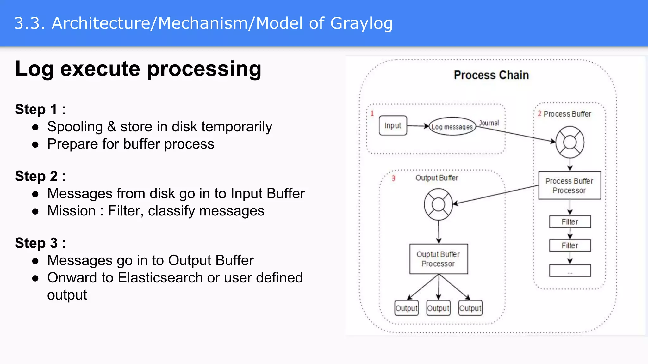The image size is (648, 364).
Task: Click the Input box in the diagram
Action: click(393, 126)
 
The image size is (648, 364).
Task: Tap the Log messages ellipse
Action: click(452, 127)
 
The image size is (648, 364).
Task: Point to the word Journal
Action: click(489, 123)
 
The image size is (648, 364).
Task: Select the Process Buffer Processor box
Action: click(569, 185)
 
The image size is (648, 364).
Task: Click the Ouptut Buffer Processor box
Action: click(438, 259)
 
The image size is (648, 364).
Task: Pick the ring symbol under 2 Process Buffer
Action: click(570, 142)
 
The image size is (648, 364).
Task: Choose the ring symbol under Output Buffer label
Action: click(438, 204)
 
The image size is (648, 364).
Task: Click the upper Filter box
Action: click(570, 222)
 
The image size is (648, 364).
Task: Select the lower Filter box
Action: click(570, 246)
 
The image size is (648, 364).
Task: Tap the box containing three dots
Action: click(570, 271)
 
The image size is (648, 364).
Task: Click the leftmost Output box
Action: click(406, 308)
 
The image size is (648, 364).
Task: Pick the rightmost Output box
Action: click(470, 308)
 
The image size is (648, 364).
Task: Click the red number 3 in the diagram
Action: click(393, 179)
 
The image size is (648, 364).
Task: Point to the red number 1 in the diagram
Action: click(372, 113)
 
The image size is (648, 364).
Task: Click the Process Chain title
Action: click(491, 75)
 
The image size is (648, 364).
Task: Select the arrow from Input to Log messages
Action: click(418, 126)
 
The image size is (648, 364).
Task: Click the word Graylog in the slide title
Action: click(361, 24)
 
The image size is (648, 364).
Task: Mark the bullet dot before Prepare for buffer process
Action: click(35, 145)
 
